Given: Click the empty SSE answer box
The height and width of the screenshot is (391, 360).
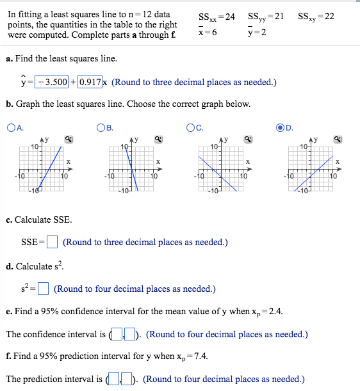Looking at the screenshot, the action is tap(53, 242).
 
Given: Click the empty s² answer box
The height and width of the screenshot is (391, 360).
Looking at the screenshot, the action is tap(44, 289).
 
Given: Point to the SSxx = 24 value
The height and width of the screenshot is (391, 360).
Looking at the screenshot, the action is tap(217, 16).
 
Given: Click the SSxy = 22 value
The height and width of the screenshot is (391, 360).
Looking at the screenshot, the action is tap(316, 16).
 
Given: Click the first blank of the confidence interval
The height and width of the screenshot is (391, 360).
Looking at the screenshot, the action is tap(117, 335).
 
